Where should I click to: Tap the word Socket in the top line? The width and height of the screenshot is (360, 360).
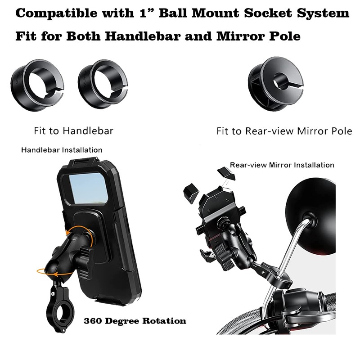click(265, 13)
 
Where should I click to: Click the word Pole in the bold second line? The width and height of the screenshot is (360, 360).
click(284, 36)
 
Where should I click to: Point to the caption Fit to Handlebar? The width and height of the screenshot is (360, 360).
click(73, 131)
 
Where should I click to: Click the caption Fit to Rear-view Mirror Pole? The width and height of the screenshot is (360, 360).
click(284, 131)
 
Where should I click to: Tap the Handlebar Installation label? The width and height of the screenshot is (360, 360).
click(62, 150)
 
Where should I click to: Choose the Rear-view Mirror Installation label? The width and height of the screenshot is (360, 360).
click(282, 165)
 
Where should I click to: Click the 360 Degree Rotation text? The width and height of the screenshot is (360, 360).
click(135, 321)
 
